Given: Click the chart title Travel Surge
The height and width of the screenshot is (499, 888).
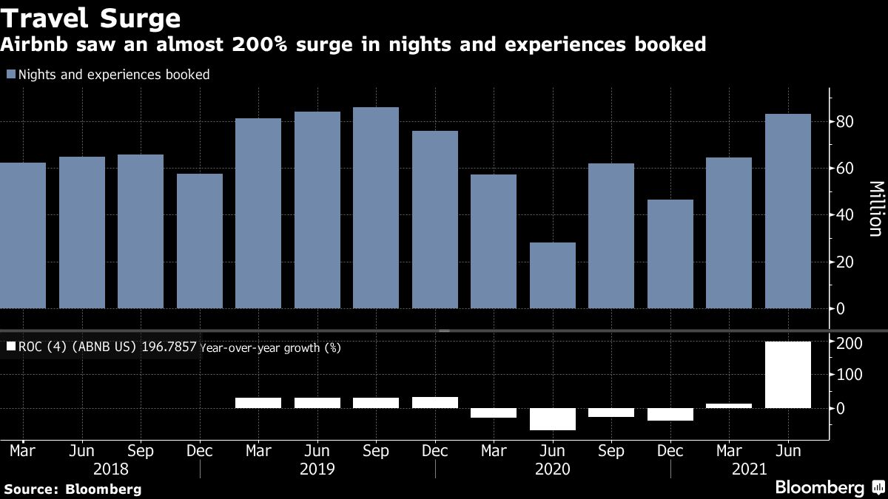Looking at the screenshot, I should (x=91, y=17).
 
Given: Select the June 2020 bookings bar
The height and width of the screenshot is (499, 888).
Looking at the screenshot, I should (x=552, y=275).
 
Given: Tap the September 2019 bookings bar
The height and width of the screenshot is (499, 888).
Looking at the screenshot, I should (x=376, y=208).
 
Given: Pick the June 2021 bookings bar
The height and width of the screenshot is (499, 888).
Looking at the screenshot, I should (x=787, y=211).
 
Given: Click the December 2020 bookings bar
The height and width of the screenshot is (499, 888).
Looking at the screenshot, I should (x=670, y=254).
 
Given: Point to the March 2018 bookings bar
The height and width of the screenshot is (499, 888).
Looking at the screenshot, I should (x=23, y=235).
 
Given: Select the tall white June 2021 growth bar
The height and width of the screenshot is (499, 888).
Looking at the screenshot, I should (x=787, y=374).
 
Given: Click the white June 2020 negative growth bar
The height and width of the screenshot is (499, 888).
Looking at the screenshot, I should (x=552, y=419).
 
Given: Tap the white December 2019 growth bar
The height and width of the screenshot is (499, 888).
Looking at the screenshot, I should (x=434, y=402).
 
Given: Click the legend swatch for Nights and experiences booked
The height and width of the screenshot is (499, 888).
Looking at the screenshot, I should (x=10, y=75).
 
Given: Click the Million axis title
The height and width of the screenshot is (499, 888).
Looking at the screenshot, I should (x=875, y=208).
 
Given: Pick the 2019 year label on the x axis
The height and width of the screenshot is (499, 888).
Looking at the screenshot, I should (x=317, y=469).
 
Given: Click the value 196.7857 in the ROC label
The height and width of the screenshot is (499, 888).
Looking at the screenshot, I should (x=168, y=347).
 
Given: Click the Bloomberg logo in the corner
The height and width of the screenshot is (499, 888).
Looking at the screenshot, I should (x=819, y=488).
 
